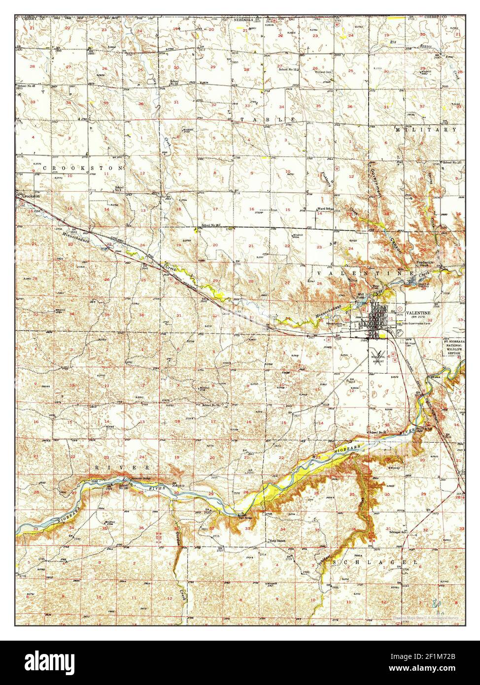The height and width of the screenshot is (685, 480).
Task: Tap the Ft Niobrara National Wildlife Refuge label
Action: [x=452, y=347]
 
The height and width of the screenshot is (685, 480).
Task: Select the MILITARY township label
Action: [x=426, y=130]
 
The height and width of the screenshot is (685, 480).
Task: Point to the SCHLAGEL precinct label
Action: [x=375, y=562]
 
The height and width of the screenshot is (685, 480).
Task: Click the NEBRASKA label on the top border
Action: [x=243, y=20]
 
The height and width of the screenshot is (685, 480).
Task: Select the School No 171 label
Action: [x=452, y=162]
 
